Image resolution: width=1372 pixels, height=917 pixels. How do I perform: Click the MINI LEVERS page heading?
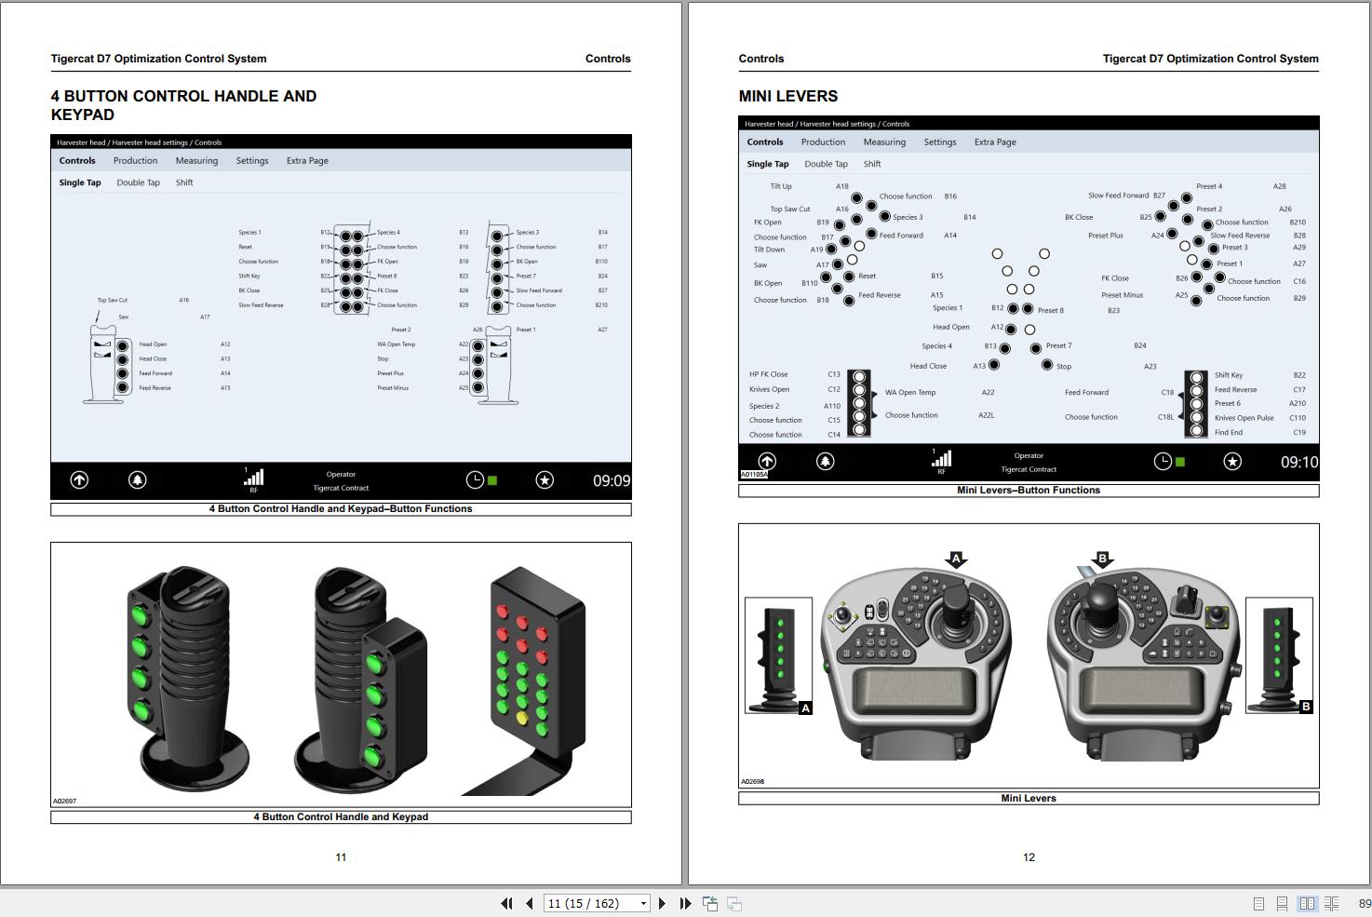pyautogui.click(x=787, y=96)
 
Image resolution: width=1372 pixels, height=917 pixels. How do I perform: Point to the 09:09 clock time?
pyautogui.click(x=611, y=480)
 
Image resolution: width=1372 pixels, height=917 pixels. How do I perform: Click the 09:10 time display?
pyautogui.click(x=1298, y=462)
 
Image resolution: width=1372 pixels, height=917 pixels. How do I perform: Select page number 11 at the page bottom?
pyautogui.click(x=341, y=857)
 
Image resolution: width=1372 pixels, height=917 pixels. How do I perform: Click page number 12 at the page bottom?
pyautogui.click(x=1029, y=857)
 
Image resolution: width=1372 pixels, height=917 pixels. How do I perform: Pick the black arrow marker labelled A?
pyautogui.click(x=956, y=559)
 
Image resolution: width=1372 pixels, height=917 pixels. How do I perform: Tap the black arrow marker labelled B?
pyautogui.click(x=1103, y=559)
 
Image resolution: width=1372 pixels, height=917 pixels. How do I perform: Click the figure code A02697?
pyautogui.click(x=64, y=801)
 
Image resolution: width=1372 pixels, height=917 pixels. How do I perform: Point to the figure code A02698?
pyautogui.click(x=752, y=781)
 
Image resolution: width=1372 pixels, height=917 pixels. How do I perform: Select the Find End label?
pyautogui.click(x=1228, y=432)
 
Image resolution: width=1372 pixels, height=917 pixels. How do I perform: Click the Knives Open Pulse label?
pyautogui.click(x=1244, y=418)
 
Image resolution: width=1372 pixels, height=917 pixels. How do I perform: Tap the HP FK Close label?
pyautogui.click(x=768, y=374)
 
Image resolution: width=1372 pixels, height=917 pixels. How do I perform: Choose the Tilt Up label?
pyautogui.click(x=781, y=186)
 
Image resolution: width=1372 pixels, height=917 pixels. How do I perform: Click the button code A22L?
pyautogui.click(x=986, y=415)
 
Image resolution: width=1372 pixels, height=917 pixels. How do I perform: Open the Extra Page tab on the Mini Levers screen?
pyautogui.click(x=995, y=142)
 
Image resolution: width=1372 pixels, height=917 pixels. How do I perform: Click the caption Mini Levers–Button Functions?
pyautogui.click(x=1029, y=490)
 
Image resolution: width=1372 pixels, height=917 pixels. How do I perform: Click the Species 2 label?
pyautogui.click(x=764, y=406)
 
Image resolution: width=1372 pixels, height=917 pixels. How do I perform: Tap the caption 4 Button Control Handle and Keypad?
pyautogui.click(x=341, y=816)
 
